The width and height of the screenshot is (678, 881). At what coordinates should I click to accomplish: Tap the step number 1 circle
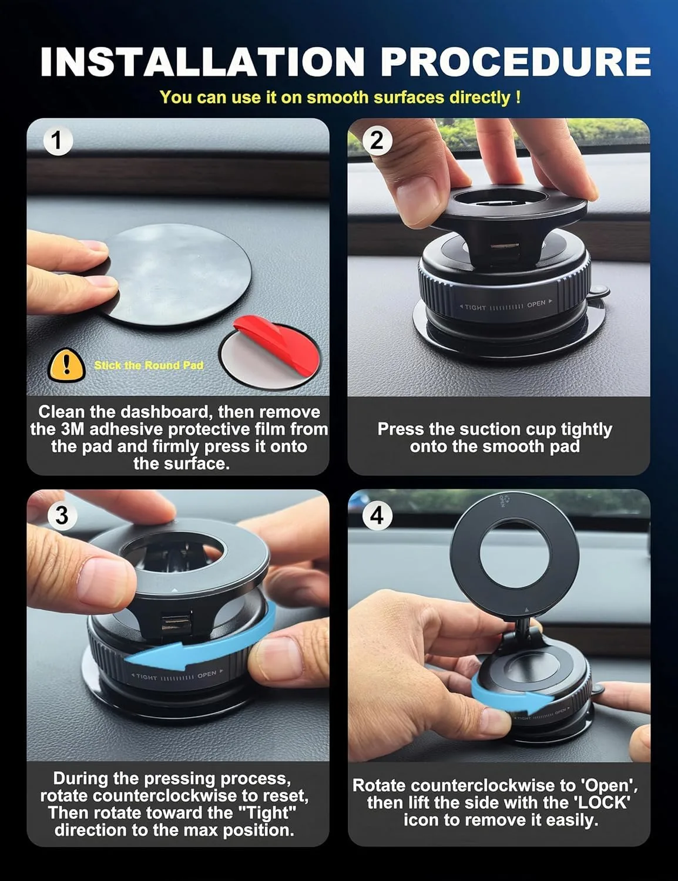(x=57, y=141)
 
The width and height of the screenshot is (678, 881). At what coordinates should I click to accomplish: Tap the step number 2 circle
(x=377, y=141)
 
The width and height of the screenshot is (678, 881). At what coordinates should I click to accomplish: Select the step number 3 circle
(x=62, y=515)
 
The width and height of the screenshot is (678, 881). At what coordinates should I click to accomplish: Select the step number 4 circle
(x=377, y=515)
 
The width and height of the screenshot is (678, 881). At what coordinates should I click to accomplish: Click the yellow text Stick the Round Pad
(x=149, y=365)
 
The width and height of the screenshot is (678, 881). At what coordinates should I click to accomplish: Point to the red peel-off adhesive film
(x=276, y=347)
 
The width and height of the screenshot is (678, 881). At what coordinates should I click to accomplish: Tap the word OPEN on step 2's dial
(x=536, y=304)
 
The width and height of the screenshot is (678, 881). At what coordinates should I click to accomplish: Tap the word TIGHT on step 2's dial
(x=475, y=307)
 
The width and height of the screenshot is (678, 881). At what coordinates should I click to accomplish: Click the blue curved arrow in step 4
(x=511, y=699)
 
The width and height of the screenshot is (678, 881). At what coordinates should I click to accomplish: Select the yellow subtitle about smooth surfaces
(x=340, y=97)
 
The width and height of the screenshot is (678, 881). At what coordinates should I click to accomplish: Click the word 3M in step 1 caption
(x=73, y=429)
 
